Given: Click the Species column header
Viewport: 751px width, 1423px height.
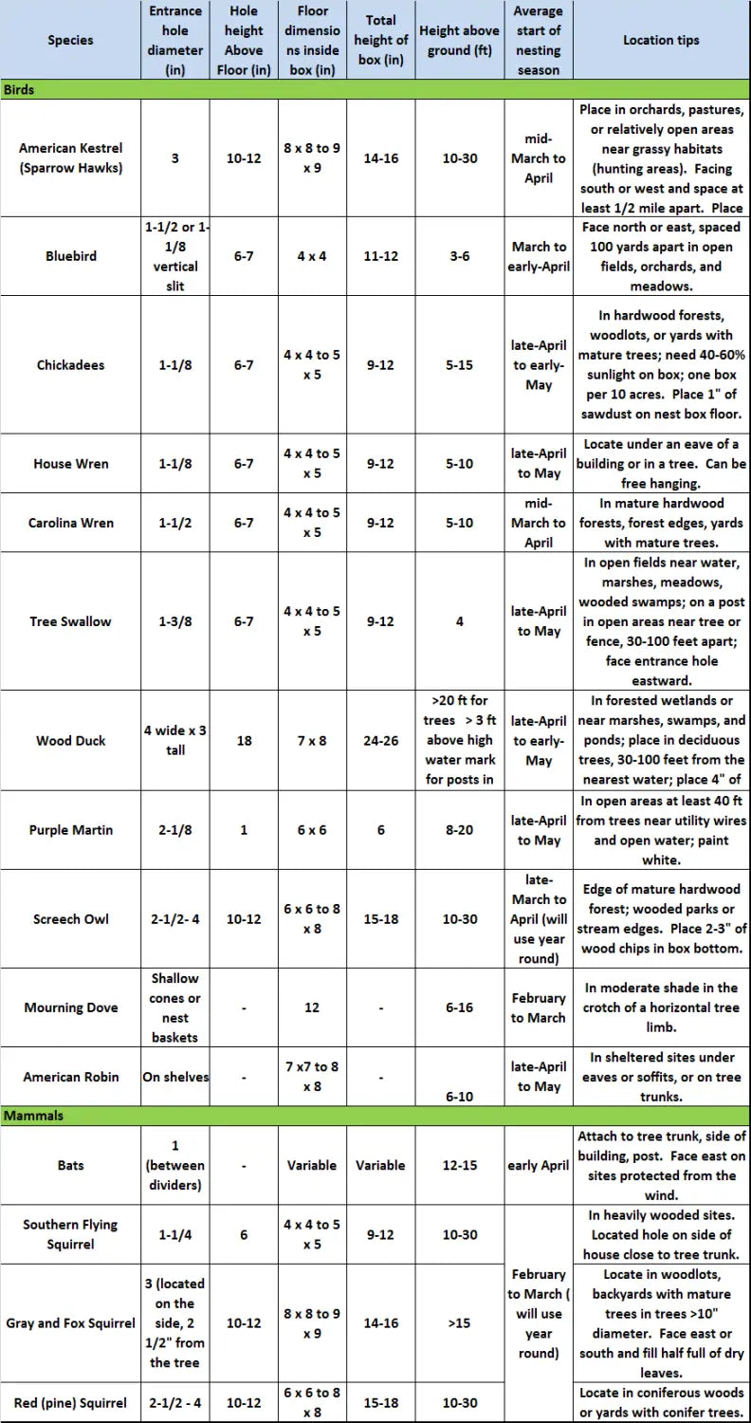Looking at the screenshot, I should pyautogui.click(x=71, y=41).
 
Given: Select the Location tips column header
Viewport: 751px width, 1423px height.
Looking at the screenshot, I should pyautogui.click(x=661, y=41).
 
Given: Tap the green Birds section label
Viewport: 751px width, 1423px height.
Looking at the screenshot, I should pyautogui.click(x=20, y=90).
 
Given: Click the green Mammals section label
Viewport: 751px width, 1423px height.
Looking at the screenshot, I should pyautogui.click(x=33, y=1116).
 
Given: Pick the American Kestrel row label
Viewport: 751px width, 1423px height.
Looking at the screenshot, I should pyautogui.click(x=71, y=157).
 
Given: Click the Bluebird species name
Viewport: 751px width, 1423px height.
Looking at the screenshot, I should pyautogui.click(x=71, y=256).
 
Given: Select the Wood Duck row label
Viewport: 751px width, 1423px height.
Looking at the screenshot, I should pyautogui.click(x=71, y=741).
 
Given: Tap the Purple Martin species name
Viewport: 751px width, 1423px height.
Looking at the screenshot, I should pyautogui.click(x=71, y=830).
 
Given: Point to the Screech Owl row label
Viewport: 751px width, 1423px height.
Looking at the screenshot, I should pyautogui.click(x=71, y=919).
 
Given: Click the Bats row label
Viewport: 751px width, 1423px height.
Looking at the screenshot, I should pyautogui.click(x=71, y=1165).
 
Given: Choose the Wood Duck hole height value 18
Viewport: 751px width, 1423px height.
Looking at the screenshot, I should pyautogui.click(x=244, y=741).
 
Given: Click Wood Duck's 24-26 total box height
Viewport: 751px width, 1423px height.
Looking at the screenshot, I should pyautogui.click(x=380, y=741).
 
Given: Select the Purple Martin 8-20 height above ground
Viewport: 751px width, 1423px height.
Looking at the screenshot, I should pyautogui.click(x=460, y=830).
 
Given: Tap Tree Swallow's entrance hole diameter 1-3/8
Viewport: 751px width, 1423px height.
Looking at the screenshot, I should pyautogui.click(x=175, y=621).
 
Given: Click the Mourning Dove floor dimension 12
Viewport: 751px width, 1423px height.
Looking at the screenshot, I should pyautogui.click(x=312, y=1007).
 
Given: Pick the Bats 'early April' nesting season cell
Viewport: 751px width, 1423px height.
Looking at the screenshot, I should pyautogui.click(x=539, y=1165).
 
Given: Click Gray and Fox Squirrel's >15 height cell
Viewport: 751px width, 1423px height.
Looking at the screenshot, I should pyautogui.click(x=460, y=1323).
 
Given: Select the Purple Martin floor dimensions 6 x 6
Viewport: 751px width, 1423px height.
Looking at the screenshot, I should pyautogui.click(x=312, y=830).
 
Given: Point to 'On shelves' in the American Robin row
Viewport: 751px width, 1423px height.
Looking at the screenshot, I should pyautogui.click(x=175, y=1077).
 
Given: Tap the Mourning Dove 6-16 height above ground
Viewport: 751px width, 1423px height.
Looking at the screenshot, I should pyautogui.click(x=460, y=1007).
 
